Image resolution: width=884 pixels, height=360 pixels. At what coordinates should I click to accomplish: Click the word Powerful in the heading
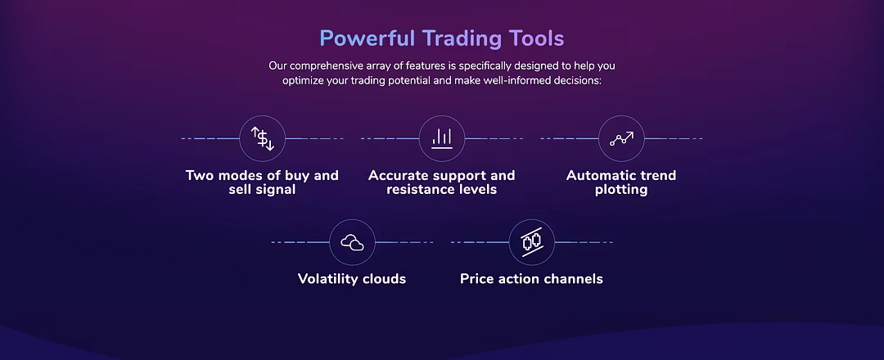pyautogui.click(x=368, y=39)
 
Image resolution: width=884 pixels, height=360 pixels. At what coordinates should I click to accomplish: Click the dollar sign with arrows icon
pyautogui.click(x=262, y=138)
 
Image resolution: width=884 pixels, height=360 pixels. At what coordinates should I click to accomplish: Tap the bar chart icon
pyautogui.click(x=442, y=138)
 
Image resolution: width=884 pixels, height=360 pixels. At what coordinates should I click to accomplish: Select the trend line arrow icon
pyautogui.click(x=621, y=138)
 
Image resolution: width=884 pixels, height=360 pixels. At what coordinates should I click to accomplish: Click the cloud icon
pyautogui.click(x=352, y=242)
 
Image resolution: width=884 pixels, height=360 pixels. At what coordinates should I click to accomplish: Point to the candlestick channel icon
pyautogui.click(x=532, y=242)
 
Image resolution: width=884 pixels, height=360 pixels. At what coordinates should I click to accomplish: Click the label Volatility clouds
pyautogui.click(x=352, y=279)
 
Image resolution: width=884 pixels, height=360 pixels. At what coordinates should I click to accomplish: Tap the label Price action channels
pyautogui.click(x=532, y=279)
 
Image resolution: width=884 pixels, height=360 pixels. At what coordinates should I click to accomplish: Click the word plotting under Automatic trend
pyautogui.click(x=621, y=190)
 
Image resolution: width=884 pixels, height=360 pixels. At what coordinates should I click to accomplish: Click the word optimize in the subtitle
pyautogui.click(x=303, y=80)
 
